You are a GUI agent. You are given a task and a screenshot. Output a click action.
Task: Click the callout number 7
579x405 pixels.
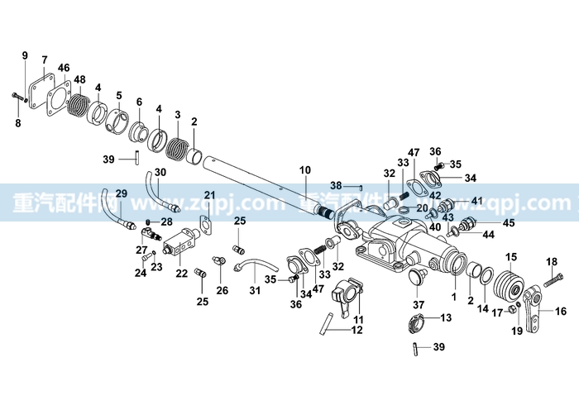[45, 60]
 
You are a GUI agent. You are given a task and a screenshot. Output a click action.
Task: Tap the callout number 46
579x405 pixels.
[64, 68]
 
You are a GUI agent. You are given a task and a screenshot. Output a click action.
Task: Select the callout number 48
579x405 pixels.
[79, 79]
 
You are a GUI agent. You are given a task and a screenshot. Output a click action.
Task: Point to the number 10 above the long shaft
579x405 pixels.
[305, 170]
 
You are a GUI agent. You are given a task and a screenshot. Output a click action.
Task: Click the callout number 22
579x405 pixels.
[182, 274]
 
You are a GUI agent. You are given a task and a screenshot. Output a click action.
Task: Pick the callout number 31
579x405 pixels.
[255, 291]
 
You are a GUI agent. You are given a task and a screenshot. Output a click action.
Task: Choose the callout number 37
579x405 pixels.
[419, 305]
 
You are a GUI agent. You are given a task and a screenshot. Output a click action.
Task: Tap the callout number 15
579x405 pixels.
[511, 257]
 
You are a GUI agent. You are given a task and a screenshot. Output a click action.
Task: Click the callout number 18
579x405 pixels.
[552, 262]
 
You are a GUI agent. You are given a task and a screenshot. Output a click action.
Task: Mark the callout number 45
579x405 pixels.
[509, 223]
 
